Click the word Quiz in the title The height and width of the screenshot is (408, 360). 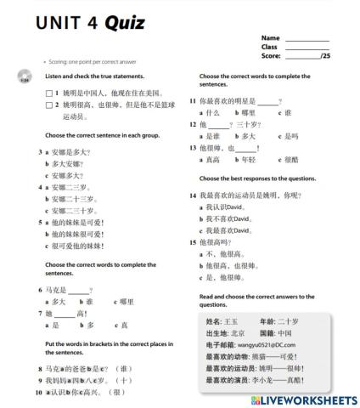pos(125,22)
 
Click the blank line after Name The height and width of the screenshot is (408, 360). pos(307,38)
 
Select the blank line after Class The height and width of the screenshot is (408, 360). pos(307,47)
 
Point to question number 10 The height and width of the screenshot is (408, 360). pos(39,393)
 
